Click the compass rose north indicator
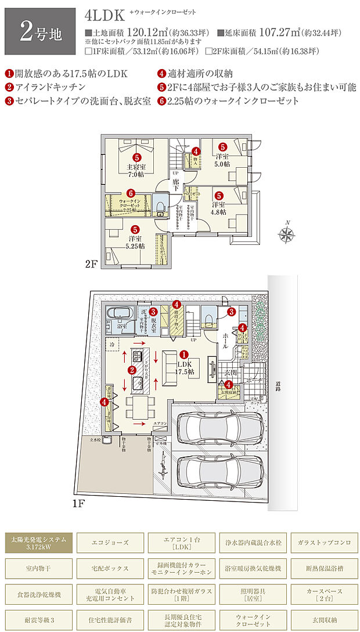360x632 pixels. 286,234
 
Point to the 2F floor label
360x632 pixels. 91,264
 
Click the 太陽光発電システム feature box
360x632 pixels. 38,544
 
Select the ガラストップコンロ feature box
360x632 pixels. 324,543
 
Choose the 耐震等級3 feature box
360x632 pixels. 38,619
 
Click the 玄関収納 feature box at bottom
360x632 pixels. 324,619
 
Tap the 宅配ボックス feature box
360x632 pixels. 110,568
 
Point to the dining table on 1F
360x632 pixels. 138,407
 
